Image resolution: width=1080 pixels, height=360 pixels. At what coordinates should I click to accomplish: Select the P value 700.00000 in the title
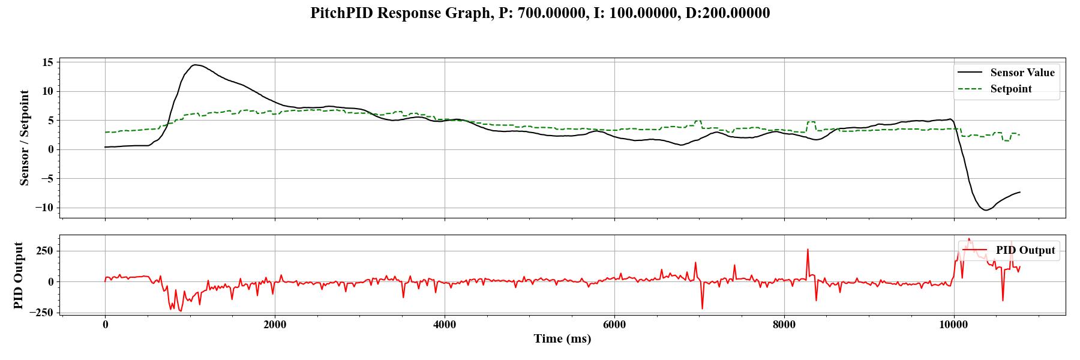tap(553, 13)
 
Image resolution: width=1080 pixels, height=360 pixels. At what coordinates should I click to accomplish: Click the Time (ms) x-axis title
tap(562, 339)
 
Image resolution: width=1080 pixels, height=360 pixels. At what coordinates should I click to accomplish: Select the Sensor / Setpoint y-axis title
tap(25, 137)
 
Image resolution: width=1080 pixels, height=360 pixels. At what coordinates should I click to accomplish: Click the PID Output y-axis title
tap(19, 275)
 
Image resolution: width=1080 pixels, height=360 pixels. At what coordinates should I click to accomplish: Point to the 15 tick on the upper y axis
tap(48, 62)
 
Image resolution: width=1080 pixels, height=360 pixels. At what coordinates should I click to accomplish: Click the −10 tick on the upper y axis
tap(44, 208)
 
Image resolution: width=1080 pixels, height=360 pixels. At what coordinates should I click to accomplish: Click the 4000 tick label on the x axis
tap(445, 325)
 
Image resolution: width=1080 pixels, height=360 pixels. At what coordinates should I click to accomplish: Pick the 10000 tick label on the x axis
tap(953, 325)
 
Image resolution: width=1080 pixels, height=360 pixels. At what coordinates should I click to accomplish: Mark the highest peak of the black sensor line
tap(194, 65)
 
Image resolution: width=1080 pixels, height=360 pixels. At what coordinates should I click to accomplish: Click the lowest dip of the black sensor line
tap(985, 210)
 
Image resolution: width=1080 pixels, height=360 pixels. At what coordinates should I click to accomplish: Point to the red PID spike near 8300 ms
tap(808, 250)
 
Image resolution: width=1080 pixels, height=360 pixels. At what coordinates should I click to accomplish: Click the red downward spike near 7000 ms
tap(702, 308)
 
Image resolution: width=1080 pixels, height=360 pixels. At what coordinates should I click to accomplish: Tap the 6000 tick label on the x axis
tap(614, 325)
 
